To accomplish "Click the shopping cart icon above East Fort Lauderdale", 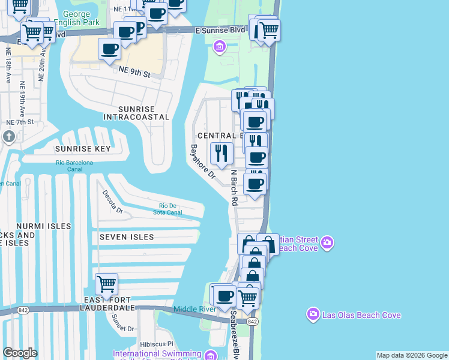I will (x=106, y=283).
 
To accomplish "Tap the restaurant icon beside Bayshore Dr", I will (x=221, y=153).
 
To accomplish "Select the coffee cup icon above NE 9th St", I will (x=110, y=49).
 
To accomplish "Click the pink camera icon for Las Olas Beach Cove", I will (x=313, y=314).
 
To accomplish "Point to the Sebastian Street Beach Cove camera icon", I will (x=327, y=243).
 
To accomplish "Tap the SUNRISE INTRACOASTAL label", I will (x=136, y=113).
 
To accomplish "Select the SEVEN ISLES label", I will (x=127, y=237).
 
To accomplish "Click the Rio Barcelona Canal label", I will (x=74, y=165).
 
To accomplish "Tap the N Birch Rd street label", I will (x=235, y=187).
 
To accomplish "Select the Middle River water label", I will (x=194, y=309).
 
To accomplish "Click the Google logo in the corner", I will (x=20, y=353).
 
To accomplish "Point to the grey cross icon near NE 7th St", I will (x=8, y=137).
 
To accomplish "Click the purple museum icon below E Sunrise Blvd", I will (x=220, y=46).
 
